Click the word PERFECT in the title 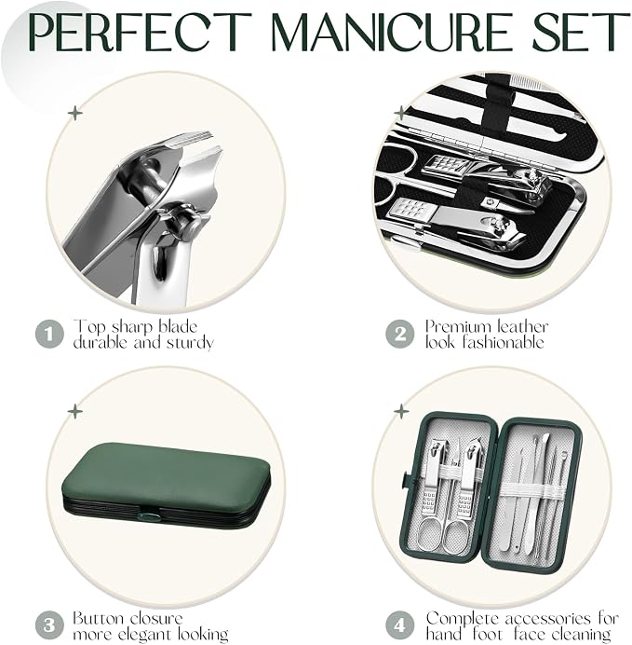click(140, 32)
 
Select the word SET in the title click(581, 32)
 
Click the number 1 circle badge click(49, 334)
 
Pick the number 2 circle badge click(400, 334)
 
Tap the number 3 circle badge click(49, 625)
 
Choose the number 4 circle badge click(400, 625)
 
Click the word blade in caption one click(178, 326)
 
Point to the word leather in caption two click(522, 326)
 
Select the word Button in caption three click(98, 619)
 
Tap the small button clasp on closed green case click(147, 515)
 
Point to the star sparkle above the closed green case click(75, 411)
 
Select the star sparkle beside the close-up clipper click(75, 113)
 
